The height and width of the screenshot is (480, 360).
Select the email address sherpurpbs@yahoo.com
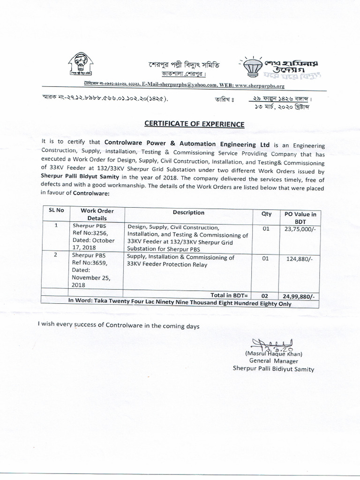pyautogui.click(x=174, y=86)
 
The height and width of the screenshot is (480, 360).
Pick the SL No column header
pyautogui.click(x=56, y=211)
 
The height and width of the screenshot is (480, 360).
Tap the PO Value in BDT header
pyautogui.click(x=300, y=217)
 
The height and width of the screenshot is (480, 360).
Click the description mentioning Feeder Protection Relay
pyautogui.click(x=180, y=261)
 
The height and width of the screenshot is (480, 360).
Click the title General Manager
pyautogui.click(x=274, y=361)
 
